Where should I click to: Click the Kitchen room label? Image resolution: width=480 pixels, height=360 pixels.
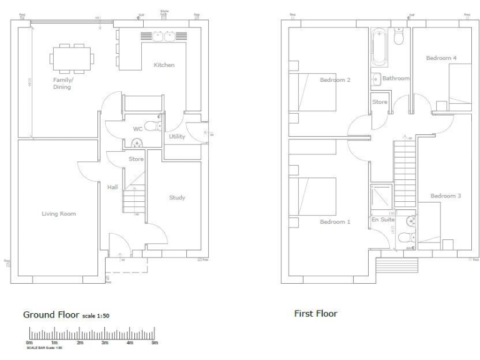coord(164,65)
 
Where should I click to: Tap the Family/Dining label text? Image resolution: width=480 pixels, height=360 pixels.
coord(62,84)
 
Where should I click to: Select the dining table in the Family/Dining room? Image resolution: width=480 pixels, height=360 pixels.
coord(71,58)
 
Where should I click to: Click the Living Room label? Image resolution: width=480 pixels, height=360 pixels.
coord(58,214)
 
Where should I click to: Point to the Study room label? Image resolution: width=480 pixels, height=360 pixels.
coord(177,198)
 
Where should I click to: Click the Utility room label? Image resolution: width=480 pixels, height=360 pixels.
coord(177,136)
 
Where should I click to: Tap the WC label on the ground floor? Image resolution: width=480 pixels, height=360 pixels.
coord(138,129)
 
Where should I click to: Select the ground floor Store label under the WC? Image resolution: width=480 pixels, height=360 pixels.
coord(136,159)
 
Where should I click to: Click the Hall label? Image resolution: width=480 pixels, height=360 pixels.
coord(112,187)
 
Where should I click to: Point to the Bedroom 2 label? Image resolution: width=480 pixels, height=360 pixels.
coord(335,80)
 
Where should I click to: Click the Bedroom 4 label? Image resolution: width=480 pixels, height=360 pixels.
coord(441,58)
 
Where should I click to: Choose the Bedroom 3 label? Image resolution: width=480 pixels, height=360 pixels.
coord(446,196)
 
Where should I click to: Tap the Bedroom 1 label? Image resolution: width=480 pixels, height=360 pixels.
coord(335,222)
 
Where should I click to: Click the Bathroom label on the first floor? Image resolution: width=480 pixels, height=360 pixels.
coord(396,79)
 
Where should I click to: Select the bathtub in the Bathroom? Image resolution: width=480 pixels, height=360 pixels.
coord(379,48)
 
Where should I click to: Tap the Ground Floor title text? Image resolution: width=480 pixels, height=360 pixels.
coord(52,315)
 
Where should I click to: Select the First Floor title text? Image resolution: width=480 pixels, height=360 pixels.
coord(316,314)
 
